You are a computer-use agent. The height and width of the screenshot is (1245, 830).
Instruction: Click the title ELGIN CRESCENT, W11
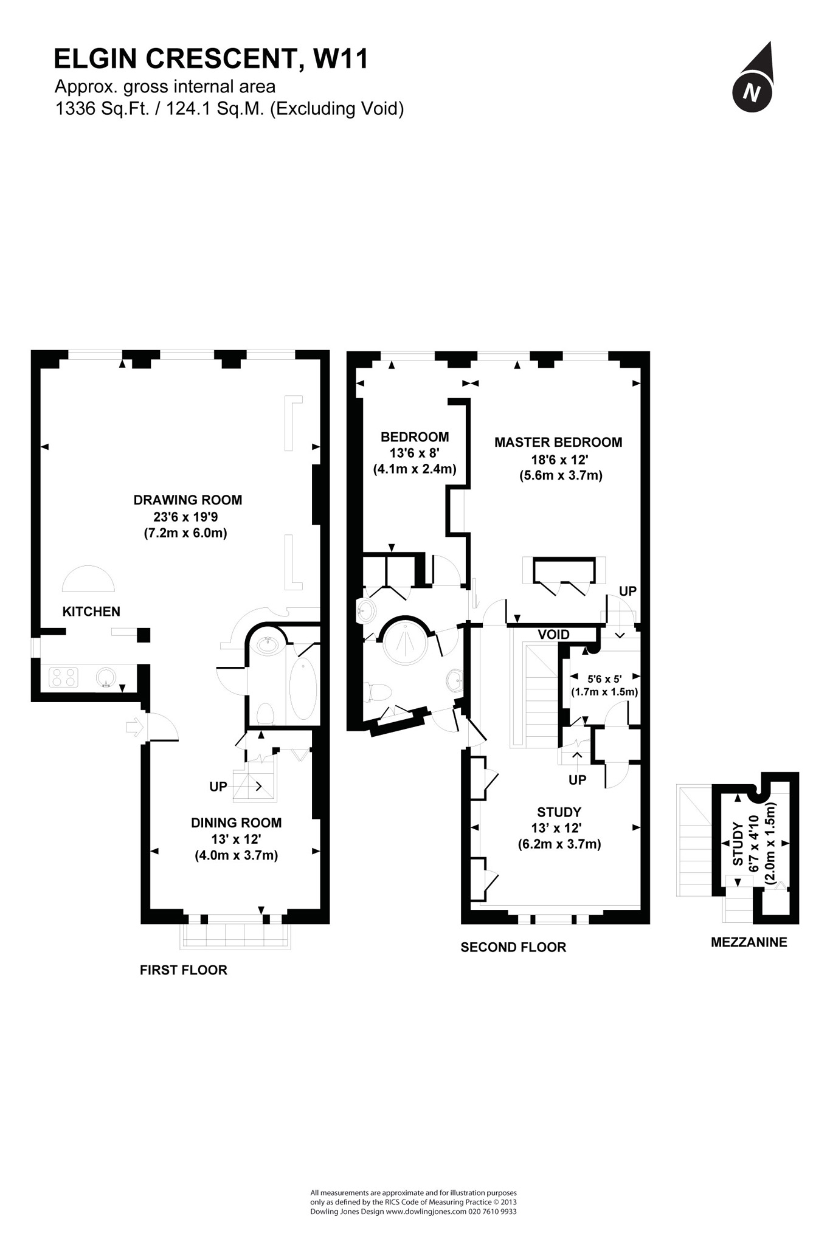211,59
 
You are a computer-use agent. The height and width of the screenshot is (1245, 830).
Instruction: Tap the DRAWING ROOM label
188,500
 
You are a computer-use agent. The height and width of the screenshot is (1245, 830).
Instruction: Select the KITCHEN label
91,612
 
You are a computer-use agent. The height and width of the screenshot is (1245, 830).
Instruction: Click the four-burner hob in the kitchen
63,677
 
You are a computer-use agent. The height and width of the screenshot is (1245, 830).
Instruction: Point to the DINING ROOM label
236,823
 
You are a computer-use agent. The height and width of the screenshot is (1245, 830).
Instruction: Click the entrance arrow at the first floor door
134,726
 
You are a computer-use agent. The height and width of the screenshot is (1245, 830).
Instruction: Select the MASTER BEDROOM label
558,443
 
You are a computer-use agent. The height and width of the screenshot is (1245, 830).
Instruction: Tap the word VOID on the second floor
553,635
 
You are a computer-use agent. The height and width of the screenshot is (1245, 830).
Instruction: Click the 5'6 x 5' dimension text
604,678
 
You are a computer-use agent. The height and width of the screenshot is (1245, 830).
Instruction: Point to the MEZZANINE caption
749,942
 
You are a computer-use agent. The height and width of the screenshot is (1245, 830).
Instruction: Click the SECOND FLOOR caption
513,947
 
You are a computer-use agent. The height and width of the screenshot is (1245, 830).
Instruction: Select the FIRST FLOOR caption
184,970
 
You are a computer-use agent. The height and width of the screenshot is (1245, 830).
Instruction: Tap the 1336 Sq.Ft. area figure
102,109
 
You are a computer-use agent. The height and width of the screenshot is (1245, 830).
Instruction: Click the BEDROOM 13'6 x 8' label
415,453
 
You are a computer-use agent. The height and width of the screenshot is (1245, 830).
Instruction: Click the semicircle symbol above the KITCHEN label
88,579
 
